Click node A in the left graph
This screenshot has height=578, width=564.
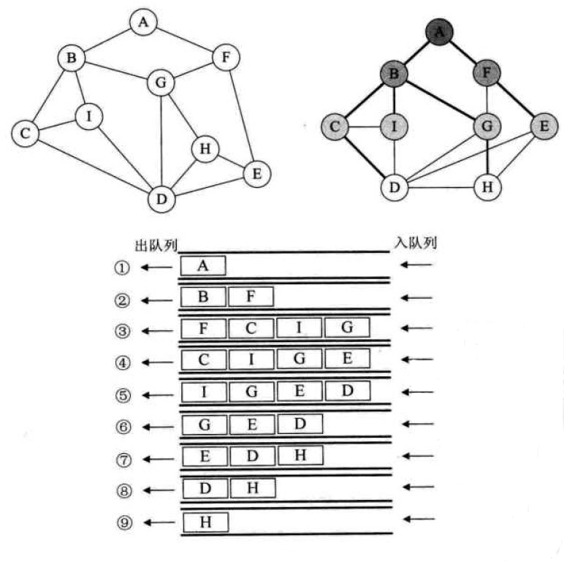[x=143, y=23]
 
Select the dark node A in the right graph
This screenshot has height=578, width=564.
[x=439, y=31]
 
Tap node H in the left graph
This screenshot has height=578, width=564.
[x=205, y=150]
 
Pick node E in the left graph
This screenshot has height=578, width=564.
[x=256, y=174]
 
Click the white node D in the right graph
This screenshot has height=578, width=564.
[x=395, y=186]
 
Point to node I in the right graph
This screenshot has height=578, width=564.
[x=395, y=127]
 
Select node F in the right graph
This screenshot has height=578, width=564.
[x=487, y=73]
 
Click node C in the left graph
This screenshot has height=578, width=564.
[x=26, y=133]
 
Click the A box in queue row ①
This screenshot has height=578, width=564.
[x=203, y=266]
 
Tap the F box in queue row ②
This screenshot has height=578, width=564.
[x=251, y=297]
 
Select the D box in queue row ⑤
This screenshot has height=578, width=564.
[x=347, y=392]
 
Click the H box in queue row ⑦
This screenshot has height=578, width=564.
[x=300, y=455]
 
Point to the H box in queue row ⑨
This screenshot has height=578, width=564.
[x=205, y=522]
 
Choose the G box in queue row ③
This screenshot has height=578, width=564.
[x=347, y=328]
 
